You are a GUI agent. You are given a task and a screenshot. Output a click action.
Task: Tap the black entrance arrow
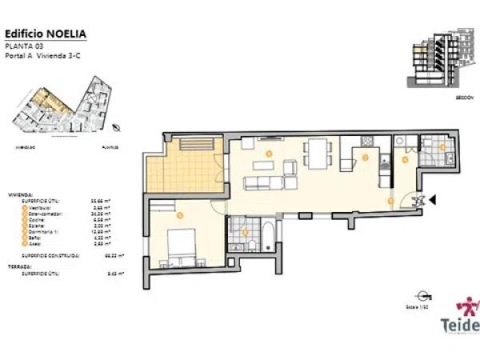pyautogui.click(x=430, y=201)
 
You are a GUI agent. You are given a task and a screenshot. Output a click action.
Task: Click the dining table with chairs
pyautogui.click(x=318, y=153)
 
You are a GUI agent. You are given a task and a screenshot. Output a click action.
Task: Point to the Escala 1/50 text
pyautogui.click(x=413, y=306)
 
